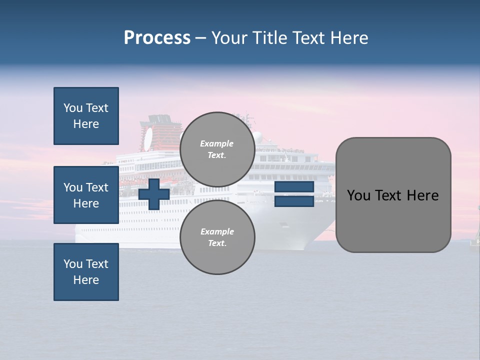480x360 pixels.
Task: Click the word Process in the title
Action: coord(157,38)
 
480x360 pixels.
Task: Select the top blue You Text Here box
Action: coord(86,116)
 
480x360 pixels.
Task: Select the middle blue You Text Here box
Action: coord(86,195)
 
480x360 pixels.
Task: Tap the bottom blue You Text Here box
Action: coord(86,272)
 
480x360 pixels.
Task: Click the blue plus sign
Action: coord(153,194)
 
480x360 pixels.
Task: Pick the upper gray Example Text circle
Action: coord(217,149)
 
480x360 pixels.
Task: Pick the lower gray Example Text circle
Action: coord(217,237)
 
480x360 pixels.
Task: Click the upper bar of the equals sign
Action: coord(294,187)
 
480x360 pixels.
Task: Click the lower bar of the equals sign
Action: coord(294,201)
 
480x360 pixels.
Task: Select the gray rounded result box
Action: coord(393,195)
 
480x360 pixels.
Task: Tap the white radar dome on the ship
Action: coord(257,136)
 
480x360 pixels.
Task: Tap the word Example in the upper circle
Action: coord(216,143)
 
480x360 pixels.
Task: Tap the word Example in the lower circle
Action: coord(216,231)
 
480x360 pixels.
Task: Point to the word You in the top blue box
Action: coord(73,108)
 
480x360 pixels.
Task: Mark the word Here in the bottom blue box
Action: coord(86,280)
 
